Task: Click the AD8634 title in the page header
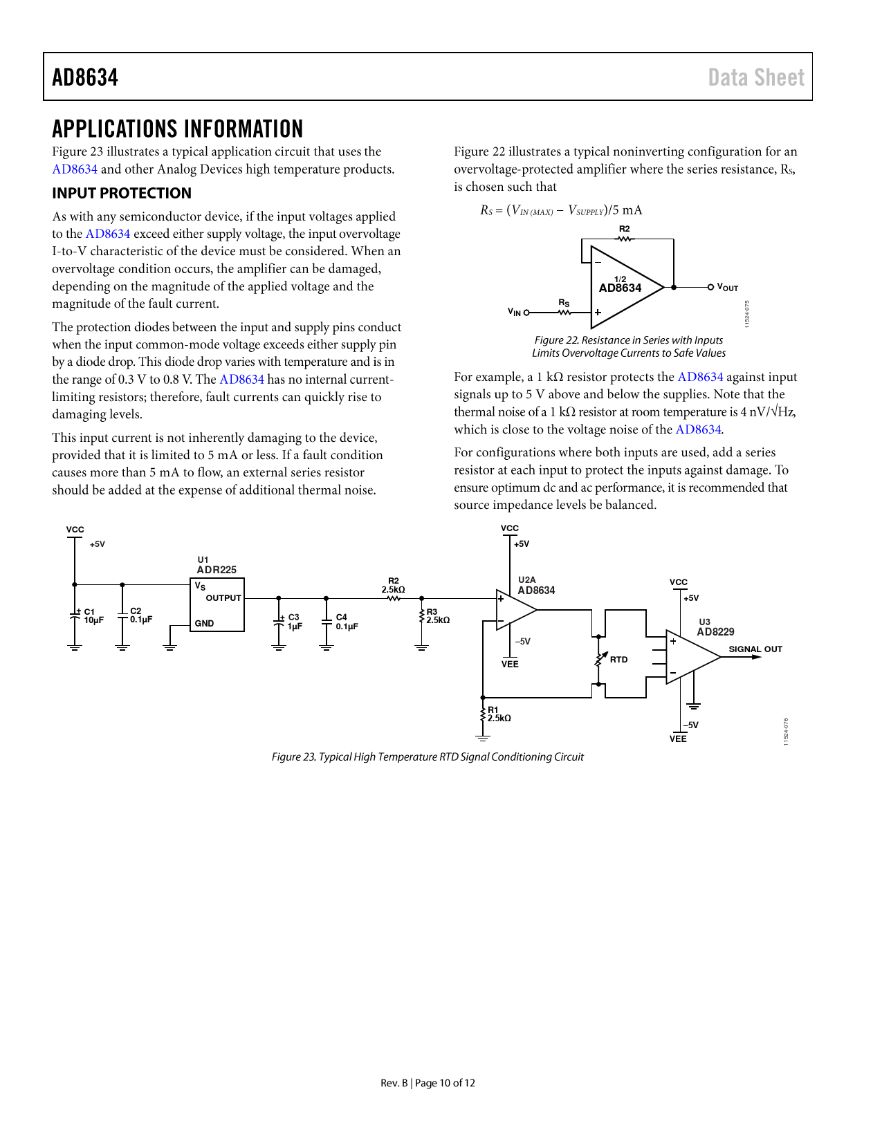[x=85, y=77]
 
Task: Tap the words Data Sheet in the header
[x=755, y=77]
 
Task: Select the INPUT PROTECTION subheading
[x=122, y=193]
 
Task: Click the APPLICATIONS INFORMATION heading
[x=178, y=129]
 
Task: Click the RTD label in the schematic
[x=618, y=660]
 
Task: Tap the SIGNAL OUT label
[x=755, y=649]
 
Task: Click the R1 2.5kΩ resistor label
[x=499, y=714]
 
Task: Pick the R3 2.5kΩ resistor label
[x=438, y=616]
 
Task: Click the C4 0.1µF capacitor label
[x=347, y=622]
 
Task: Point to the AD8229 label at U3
[x=715, y=631]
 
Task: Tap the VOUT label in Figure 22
[x=727, y=288]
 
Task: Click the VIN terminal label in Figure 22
[x=514, y=312]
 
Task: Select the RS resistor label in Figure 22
[x=564, y=303]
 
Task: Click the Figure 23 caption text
[x=428, y=757]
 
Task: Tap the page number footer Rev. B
[x=428, y=1083]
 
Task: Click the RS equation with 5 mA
[x=561, y=210]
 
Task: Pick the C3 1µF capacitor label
[x=295, y=622]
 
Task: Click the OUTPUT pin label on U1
[x=223, y=598]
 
